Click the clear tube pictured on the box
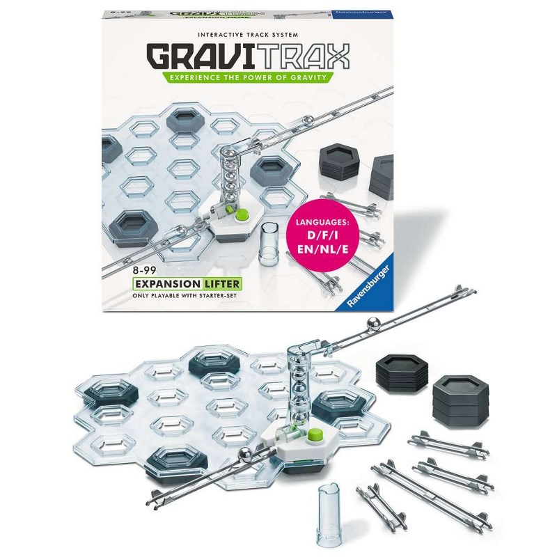tap(269, 243)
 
